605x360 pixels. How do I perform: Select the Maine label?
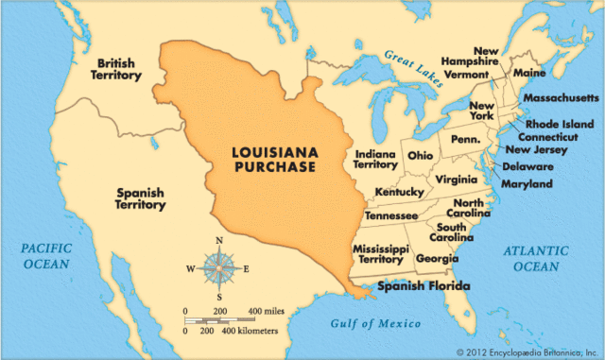530,72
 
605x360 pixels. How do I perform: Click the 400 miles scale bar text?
268,310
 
